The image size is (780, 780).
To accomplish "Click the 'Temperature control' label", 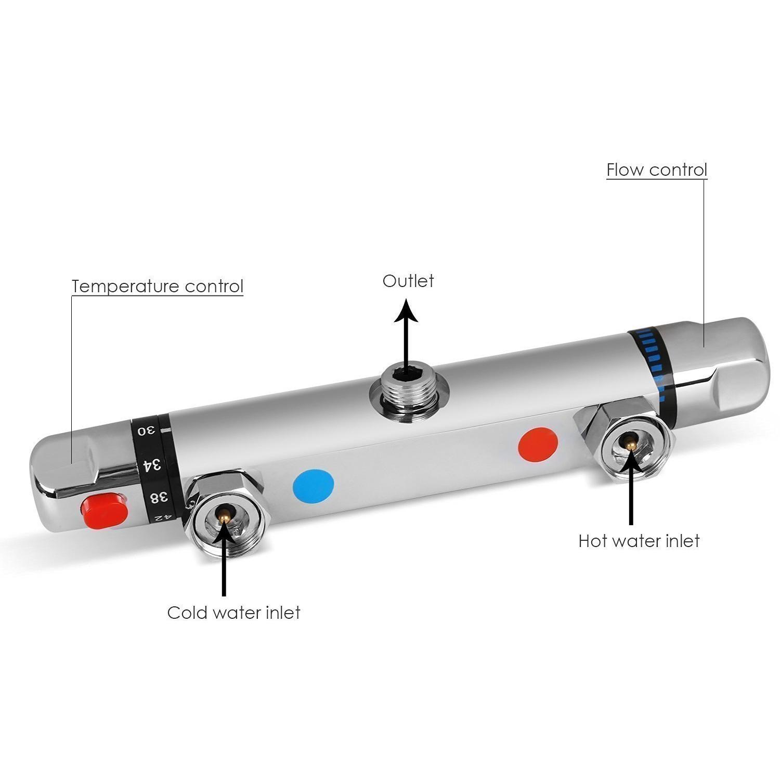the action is (x=158, y=286).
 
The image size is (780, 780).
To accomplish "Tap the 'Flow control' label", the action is (x=657, y=170).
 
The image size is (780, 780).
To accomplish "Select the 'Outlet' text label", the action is (x=408, y=281).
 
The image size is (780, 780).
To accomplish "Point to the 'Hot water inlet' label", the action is (x=639, y=541).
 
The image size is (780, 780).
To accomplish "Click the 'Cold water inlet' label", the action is (x=234, y=613).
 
